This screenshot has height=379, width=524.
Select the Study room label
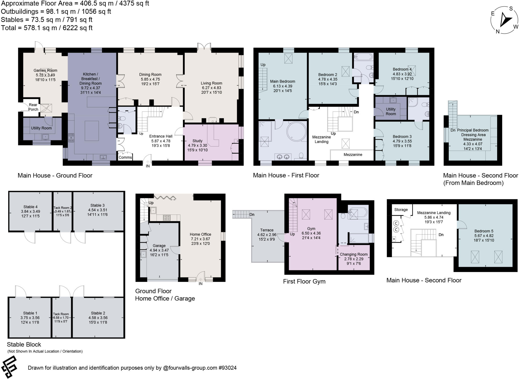[197, 141]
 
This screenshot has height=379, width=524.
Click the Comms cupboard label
[125, 158]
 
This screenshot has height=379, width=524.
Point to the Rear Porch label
[33, 107]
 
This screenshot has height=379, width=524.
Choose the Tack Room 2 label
[62, 208]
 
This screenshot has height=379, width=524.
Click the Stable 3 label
[97, 205]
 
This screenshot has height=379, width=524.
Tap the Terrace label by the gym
[267, 230]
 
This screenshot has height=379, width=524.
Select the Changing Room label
[354, 254]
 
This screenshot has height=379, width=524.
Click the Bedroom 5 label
[484, 231]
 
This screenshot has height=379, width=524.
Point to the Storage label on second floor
[401, 210]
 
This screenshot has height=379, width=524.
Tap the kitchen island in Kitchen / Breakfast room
[92, 131]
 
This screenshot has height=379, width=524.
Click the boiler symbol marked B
[394, 239]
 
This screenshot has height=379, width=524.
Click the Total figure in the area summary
[47, 28]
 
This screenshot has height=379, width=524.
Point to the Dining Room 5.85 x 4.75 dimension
[150, 79]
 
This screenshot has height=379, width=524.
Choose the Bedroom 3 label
[402, 137]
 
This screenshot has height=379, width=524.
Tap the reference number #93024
[227, 368]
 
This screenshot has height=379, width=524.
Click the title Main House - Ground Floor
[55, 175]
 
